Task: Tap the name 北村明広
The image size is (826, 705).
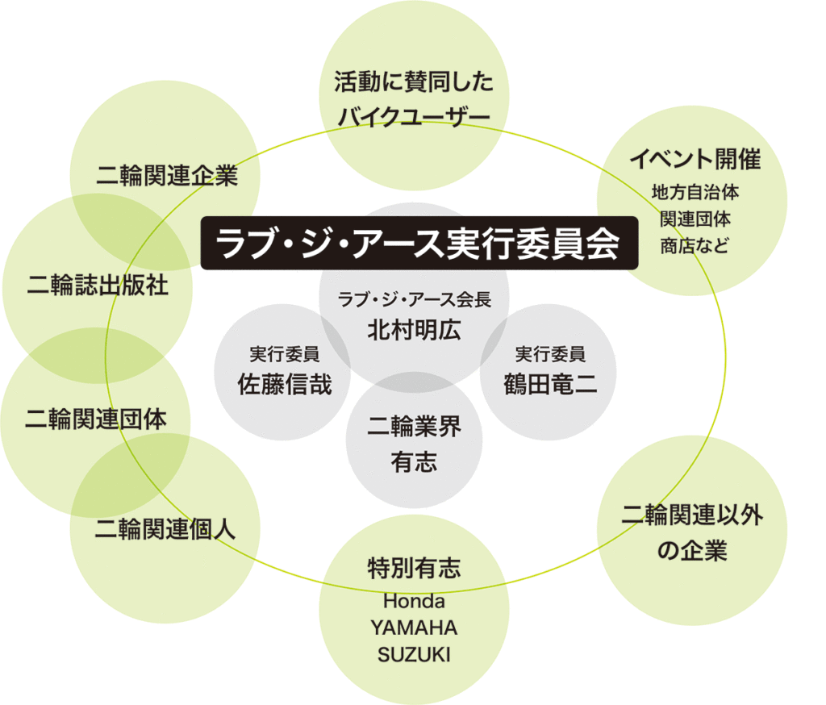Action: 414,331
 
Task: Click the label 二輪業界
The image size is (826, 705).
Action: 414,427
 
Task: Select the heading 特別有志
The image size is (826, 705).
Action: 414,569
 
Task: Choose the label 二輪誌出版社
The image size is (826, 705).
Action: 98,286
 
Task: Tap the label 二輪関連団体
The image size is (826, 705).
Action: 96,419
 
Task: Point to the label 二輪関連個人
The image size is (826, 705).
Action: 165,529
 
